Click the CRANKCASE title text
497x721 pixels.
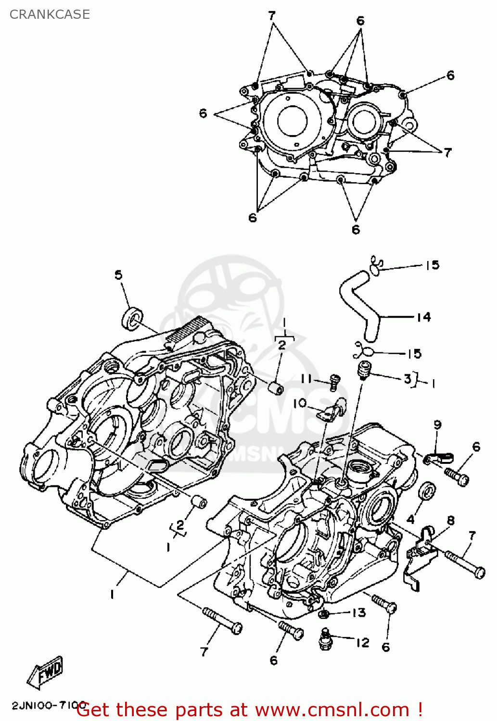tap(50, 14)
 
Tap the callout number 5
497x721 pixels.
tap(118, 275)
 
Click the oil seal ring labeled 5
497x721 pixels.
tap(131, 319)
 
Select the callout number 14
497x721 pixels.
tap(423, 317)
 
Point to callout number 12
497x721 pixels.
tap(363, 642)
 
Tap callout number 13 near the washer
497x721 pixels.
tap(359, 612)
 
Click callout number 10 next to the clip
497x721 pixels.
tap(300, 403)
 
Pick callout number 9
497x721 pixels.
tap(437, 424)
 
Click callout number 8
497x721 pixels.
tap(451, 520)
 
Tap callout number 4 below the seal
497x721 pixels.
tap(410, 519)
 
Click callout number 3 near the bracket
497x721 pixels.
tap(408, 379)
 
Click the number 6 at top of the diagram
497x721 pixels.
tap(360, 21)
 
